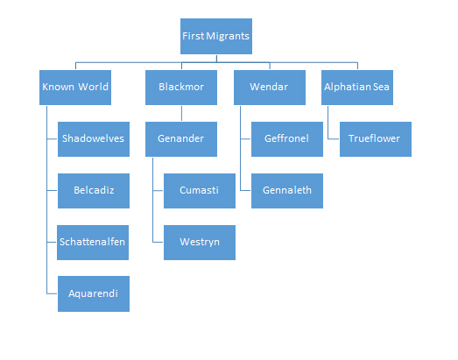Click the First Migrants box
pos(216,36)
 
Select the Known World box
pos(75,88)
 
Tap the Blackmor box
pos(181,88)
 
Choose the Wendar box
pos(270,88)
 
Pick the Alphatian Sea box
pos(357,88)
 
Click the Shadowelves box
pos(94,139)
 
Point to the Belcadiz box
pos(94,191)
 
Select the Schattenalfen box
pos(93,243)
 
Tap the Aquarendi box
pos(94,293)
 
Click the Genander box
pos(181,139)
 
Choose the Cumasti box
pos(200,191)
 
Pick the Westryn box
pos(200,243)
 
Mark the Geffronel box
pos(287,139)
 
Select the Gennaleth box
pos(287,191)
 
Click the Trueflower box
pos(376,139)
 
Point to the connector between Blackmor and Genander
pos(181,113)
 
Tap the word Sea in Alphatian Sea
pos(382,87)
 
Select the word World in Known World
pos(93,87)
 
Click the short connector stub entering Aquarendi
pos(52,293)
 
